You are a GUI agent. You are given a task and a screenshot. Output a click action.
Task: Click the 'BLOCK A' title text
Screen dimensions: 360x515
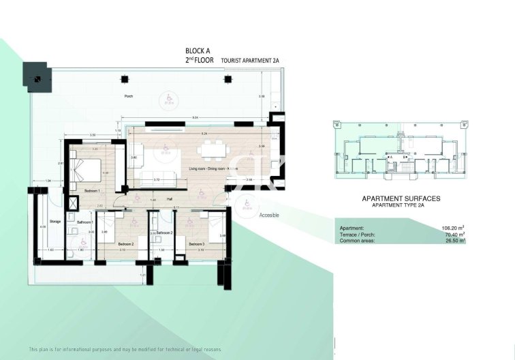click(199, 51)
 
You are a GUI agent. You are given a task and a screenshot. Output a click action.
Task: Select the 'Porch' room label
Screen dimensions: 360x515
click(128, 96)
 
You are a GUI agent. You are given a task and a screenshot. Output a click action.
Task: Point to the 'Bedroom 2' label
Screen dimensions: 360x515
click(125, 243)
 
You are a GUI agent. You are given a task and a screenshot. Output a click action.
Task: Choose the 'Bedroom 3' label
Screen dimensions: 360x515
click(197, 243)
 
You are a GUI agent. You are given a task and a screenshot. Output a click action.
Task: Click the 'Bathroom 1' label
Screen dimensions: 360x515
click(84, 222)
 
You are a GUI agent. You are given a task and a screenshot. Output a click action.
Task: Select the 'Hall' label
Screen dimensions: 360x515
click(169, 199)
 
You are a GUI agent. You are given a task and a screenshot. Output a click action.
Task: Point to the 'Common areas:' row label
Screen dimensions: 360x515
click(357, 241)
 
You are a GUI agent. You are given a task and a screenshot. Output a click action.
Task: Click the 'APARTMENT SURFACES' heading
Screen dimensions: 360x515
click(401, 198)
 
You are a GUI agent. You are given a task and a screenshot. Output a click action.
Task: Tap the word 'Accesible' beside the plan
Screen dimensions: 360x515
click(269, 215)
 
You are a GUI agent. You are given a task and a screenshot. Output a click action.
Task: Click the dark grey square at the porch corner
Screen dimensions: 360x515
click(37, 77)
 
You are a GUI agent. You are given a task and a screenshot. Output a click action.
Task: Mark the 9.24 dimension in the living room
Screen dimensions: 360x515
click(204, 134)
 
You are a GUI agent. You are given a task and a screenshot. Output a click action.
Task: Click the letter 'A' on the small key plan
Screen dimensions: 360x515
click(392, 156)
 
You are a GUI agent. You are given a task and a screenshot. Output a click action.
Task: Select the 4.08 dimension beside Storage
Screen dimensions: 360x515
click(42, 227)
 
